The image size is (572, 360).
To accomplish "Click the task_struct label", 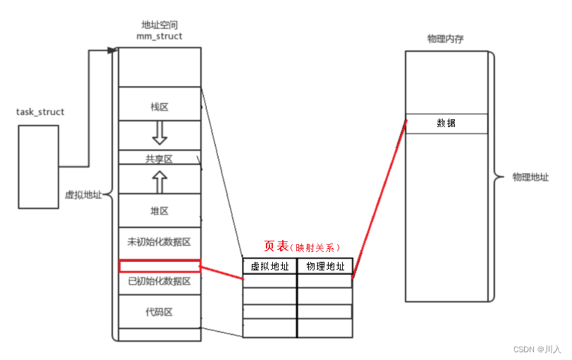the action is point(40,112).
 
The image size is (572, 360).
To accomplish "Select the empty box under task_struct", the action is point(38,167).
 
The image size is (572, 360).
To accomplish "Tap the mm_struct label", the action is point(159,36).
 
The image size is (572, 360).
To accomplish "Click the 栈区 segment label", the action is point(159,107).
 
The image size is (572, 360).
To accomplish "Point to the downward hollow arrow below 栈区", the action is point(159,132).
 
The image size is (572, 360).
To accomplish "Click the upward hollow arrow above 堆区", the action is point(159,181).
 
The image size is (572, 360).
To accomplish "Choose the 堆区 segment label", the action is point(159,211).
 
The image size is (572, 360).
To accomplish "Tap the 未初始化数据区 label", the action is point(159,241).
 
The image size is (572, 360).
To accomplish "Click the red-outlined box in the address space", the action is point(159,266).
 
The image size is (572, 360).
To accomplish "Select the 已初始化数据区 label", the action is point(159,282).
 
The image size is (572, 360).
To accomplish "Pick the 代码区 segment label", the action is point(159,311).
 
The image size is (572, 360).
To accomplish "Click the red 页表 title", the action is point(276,246).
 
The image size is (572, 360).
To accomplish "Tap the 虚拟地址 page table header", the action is point(269,267).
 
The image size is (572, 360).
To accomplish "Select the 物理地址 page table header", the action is point(325,267).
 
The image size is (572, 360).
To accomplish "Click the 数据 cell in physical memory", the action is point(446,124).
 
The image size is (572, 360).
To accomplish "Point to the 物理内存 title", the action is point(446,38).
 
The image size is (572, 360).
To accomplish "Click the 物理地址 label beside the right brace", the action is point(530,177).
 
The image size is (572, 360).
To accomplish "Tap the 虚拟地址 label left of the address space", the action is point(83,195).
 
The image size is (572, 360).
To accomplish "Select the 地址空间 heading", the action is point(159,24).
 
